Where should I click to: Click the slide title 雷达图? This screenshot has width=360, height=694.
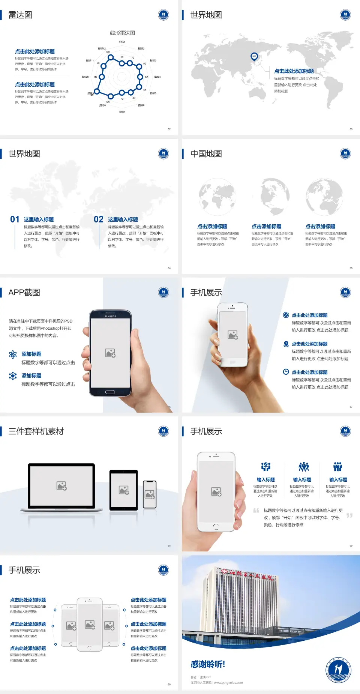20,15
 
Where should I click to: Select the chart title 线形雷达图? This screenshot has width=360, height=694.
122,33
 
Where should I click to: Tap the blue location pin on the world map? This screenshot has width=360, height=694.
254,57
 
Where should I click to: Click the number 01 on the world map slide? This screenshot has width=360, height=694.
15,219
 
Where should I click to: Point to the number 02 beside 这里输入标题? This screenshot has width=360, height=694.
99,219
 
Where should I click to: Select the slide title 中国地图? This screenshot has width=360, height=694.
206,154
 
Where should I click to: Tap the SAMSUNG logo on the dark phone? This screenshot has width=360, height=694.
110,316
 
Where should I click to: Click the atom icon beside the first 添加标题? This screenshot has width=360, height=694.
13,355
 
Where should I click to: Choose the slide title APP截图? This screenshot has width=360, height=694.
24,293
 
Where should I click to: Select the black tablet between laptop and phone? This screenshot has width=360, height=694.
124,490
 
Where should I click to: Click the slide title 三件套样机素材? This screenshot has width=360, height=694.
36,431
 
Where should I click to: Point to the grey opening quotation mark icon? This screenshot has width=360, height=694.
256,511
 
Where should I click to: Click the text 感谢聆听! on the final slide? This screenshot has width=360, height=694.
208,664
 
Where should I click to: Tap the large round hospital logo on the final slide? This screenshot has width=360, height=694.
338,670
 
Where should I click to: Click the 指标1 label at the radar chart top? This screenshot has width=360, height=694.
122,42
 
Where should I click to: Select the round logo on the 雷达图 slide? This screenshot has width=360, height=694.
163,15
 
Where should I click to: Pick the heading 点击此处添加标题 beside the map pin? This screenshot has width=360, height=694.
294,71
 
